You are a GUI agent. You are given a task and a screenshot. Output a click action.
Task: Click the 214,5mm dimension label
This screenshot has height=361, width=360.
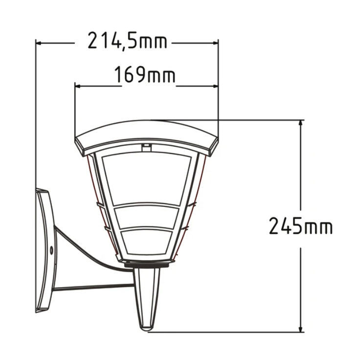pyautogui.click(x=127, y=41)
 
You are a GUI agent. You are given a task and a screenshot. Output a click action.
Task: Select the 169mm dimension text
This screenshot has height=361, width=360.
pyautogui.click(x=145, y=74)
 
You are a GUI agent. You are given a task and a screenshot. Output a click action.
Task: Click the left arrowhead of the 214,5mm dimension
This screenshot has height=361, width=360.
pyautogui.click(x=39, y=43)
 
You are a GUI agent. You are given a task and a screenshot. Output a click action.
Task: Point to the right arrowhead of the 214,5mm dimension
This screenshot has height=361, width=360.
pyautogui.click(x=215, y=43)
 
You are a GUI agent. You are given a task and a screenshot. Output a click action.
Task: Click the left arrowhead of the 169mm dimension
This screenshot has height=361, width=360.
pyautogui.click(x=78, y=86)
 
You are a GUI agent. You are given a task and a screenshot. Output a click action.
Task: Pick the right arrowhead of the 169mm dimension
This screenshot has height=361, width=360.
pyautogui.click(x=215, y=86)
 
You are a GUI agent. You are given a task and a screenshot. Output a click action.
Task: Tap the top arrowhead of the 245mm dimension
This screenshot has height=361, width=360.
pyautogui.click(x=300, y=123)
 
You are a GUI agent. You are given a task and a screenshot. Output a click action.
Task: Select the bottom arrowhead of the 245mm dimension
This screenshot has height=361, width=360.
pyautogui.click(x=300, y=329)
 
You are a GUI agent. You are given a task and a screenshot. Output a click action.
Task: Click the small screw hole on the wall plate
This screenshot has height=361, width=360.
pyautogui.click(x=51, y=250)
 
